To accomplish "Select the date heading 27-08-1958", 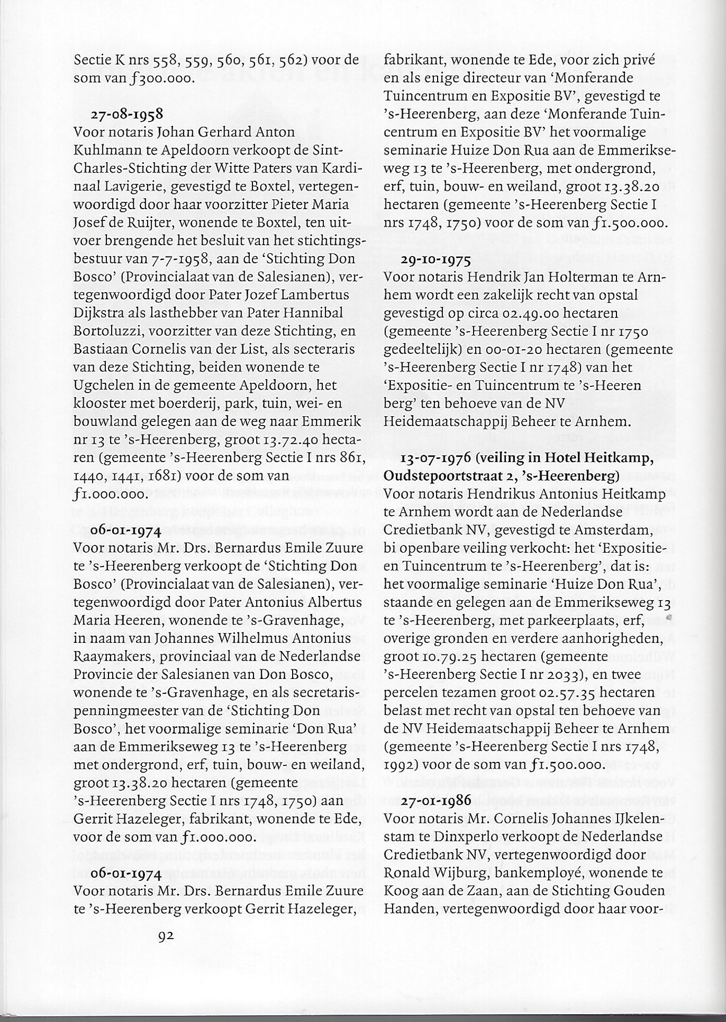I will (127, 113).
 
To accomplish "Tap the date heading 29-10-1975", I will (436, 259).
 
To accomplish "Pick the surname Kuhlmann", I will (108, 150).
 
